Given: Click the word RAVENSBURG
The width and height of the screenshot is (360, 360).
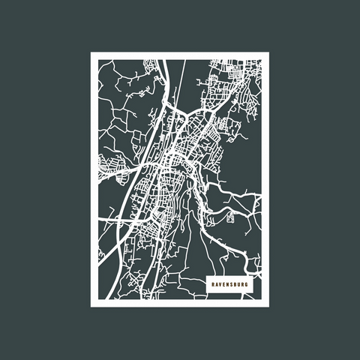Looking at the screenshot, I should pos(229,285).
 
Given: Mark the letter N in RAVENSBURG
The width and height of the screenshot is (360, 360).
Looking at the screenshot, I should pos(228,285).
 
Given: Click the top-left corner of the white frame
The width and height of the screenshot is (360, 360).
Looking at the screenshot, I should pos(92,53).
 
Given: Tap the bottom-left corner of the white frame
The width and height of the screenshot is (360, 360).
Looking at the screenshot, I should pos(92,305).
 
